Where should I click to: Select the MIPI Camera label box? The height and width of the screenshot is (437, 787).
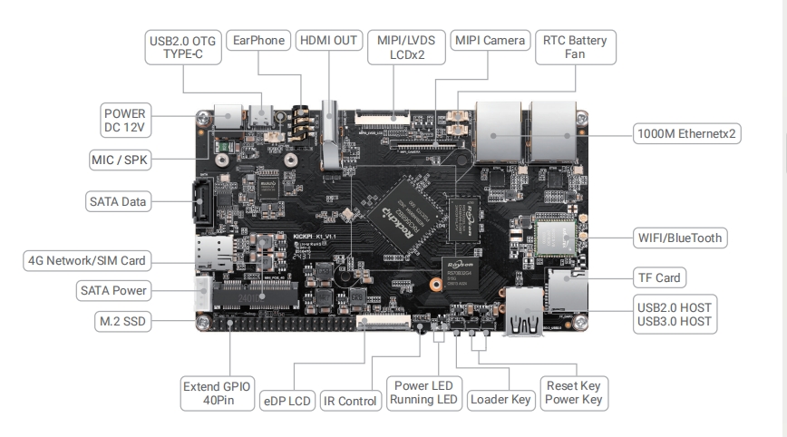(490, 41)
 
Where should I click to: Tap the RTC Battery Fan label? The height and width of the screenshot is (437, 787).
(575, 48)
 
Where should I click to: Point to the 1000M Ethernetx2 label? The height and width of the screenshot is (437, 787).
(687, 134)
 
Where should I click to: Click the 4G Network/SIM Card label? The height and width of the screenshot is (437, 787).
(86, 261)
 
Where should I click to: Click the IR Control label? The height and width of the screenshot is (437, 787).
(349, 399)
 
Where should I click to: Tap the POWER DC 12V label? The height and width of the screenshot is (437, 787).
(125, 121)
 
